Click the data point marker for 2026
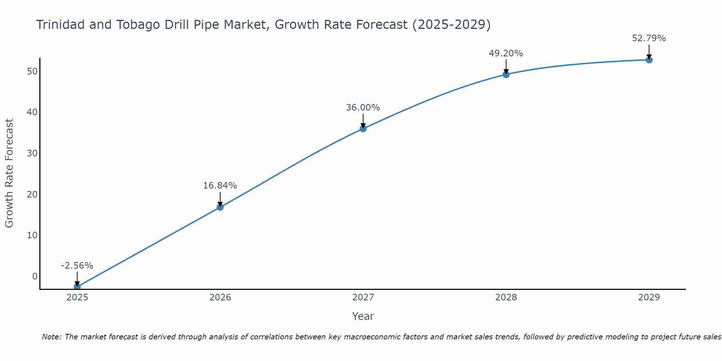(220, 207)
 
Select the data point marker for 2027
(363, 129)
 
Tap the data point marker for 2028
(506, 75)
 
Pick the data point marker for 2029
(649, 60)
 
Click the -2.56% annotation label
(77, 266)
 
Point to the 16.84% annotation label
(220, 186)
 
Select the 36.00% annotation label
(363, 108)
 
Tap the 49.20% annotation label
(506, 53)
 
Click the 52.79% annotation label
(649, 38)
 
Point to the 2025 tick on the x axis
(77, 297)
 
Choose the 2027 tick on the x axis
(363, 297)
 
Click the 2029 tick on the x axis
(649, 297)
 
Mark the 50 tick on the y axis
(32, 71)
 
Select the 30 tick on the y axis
(32, 153)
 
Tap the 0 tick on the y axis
(35, 277)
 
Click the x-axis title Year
(363, 316)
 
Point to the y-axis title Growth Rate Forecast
(9, 173)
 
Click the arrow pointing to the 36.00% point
(363, 121)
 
